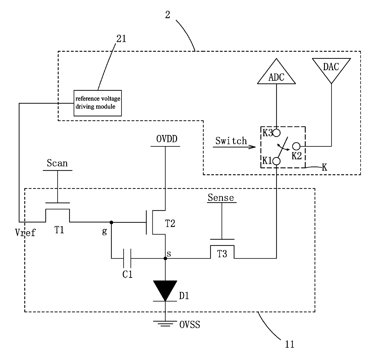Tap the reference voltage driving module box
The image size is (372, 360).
click(x=97, y=103)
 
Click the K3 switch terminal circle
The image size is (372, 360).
click(x=276, y=133)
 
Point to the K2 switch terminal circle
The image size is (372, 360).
click(x=296, y=146)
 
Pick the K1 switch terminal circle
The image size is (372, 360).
click(x=276, y=161)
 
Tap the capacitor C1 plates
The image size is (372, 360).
click(x=127, y=258)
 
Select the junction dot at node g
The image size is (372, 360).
click(x=111, y=222)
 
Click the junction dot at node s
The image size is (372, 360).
click(x=165, y=258)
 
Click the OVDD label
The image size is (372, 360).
click(x=167, y=139)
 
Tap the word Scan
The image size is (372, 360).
click(x=57, y=163)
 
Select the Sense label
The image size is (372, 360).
click(x=221, y=197)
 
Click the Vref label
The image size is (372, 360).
click(x=25, y=232)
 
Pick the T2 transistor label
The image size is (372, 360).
click(x=170, y=223)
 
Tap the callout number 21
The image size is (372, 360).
click(x=121, y=39)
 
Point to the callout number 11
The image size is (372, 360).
click(x=289, y=344)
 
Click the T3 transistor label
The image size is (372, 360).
click(x=222, y=254)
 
